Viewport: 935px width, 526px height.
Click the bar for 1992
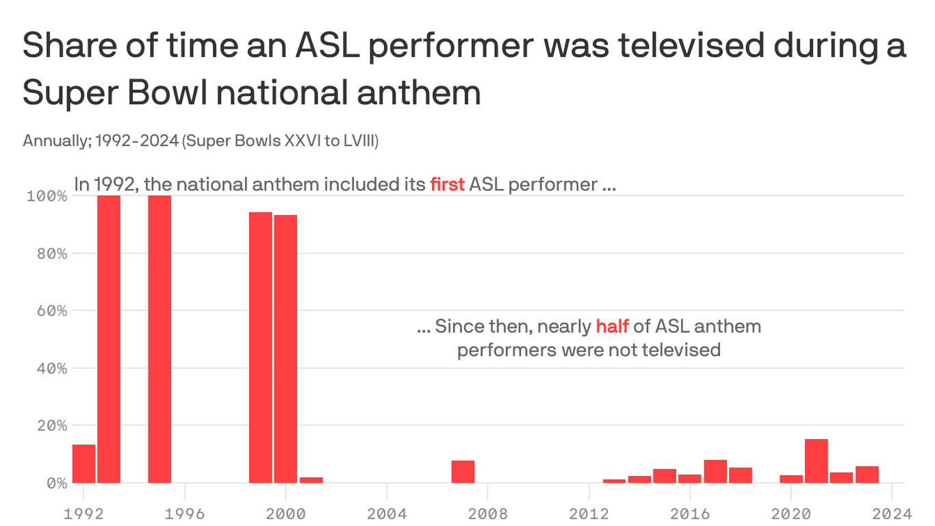[84, 464]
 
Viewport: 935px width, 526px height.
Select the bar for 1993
[109, 339]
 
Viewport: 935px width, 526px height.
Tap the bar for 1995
[159, 339]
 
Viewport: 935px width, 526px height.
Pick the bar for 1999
[260, 347]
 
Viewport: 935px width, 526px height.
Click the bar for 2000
[285, 349]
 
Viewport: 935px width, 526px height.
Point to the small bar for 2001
[311, 479]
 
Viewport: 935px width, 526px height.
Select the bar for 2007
[463, 471]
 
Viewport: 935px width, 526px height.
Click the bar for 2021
[816, 460]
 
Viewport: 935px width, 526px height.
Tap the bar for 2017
[715, 471]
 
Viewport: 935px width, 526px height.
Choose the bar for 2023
[867, 474]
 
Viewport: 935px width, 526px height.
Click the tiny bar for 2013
[614, 481]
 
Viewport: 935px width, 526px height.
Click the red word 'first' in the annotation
[447, 184]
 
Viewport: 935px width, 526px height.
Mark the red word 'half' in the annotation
[611, 326]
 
